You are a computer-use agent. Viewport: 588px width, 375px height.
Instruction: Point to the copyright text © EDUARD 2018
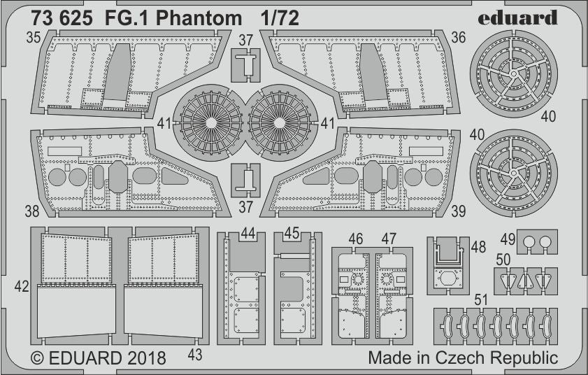(x=99, y=358)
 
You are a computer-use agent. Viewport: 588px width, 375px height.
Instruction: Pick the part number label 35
(x=33, y=38)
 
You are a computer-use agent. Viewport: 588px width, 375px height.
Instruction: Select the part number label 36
(x=457, y=40)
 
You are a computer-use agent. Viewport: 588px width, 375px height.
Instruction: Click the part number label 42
(x=22, y=285)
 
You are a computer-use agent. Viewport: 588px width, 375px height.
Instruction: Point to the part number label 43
(x=195, y=355)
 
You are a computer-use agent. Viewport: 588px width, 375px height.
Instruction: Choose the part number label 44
(x=248, y=233)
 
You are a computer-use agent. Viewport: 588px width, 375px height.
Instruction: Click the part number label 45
(x=292, y=233)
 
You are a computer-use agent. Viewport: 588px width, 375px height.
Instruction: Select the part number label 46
(x=356, y=239)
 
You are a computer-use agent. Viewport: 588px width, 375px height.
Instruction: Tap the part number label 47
(x=389, y=239)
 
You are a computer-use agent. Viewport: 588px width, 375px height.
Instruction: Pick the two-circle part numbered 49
(x=537, y=242)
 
